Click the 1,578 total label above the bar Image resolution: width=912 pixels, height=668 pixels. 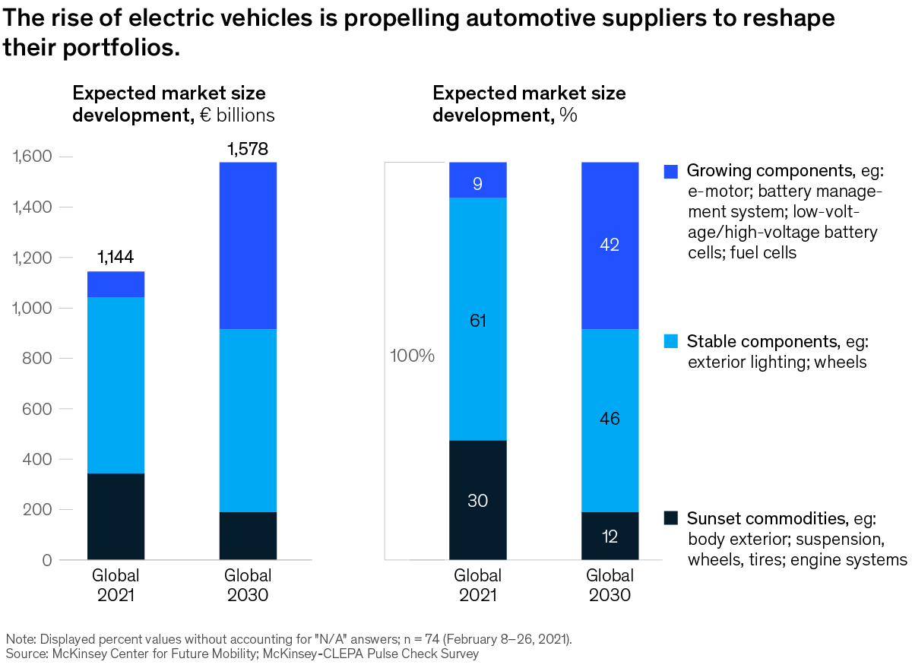coord(248,148)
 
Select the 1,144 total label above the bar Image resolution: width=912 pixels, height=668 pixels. coord(116,258)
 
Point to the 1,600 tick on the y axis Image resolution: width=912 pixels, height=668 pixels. coord(30,157)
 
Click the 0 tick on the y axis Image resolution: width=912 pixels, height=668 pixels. coord(46,560)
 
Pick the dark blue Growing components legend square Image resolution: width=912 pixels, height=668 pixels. coord(670,171)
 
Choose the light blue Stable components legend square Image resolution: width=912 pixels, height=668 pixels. coord(670,341)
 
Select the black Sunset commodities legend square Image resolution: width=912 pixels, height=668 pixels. coord(670,518)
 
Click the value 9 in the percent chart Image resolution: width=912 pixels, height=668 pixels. coord(477,183)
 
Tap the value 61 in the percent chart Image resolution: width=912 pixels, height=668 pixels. coord(477,321)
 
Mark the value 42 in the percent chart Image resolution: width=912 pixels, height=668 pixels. coord(610,245)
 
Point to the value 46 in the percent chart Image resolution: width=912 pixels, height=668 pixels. coord(610,419)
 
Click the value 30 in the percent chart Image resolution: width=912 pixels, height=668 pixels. coord(477,501)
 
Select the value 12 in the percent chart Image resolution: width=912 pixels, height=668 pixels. coord(610,537)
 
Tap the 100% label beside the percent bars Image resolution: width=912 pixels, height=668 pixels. coord(412,356)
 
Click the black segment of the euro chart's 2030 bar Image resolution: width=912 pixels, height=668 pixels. coord(248,536)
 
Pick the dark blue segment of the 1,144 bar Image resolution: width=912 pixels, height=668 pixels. coord(116,284)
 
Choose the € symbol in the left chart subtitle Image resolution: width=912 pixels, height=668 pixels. coord(195,116)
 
